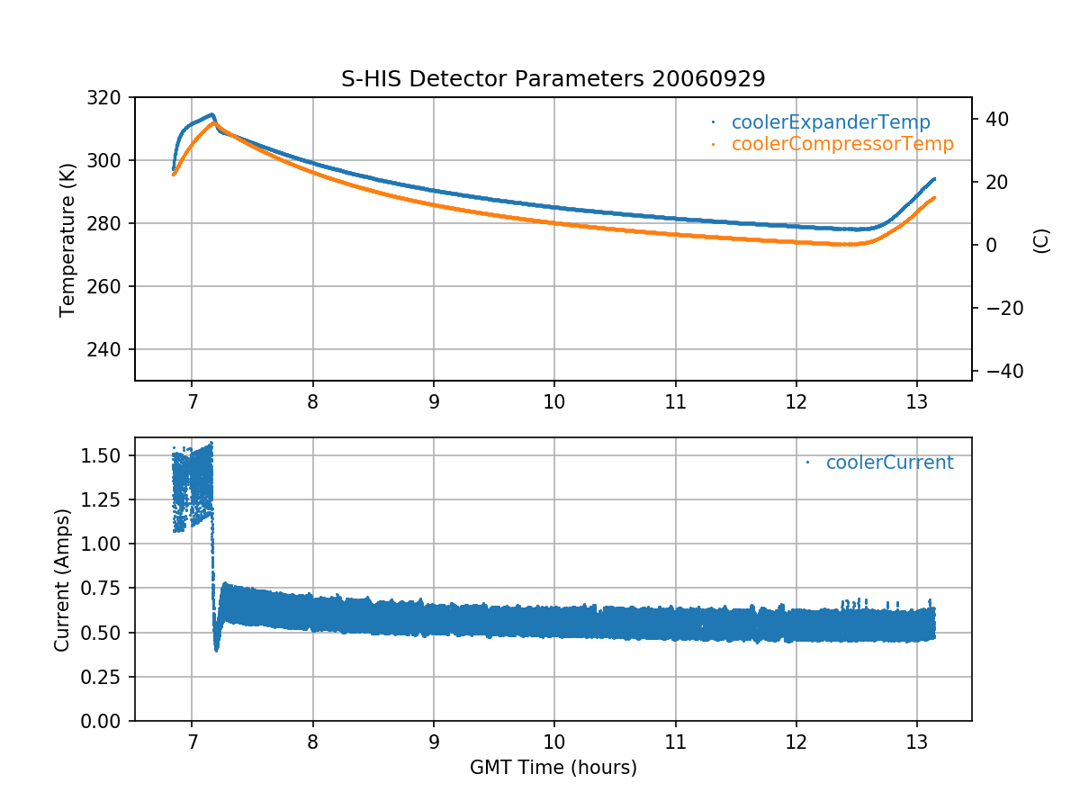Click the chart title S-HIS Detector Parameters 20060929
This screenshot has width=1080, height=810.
553,78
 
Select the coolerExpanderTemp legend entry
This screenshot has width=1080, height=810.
830,122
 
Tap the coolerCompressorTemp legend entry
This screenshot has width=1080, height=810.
841,144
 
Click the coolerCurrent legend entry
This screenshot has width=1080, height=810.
889,463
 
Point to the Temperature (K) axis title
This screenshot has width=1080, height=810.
67,238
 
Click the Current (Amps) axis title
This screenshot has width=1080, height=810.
61,579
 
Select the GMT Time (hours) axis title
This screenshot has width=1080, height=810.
553,768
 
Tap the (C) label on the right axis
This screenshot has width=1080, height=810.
1041,240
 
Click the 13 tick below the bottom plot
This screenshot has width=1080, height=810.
916,740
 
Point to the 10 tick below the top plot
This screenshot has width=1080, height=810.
553,400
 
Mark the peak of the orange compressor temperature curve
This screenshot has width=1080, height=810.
214,122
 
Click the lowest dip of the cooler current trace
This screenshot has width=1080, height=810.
216,649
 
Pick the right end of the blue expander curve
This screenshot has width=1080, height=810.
934,178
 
